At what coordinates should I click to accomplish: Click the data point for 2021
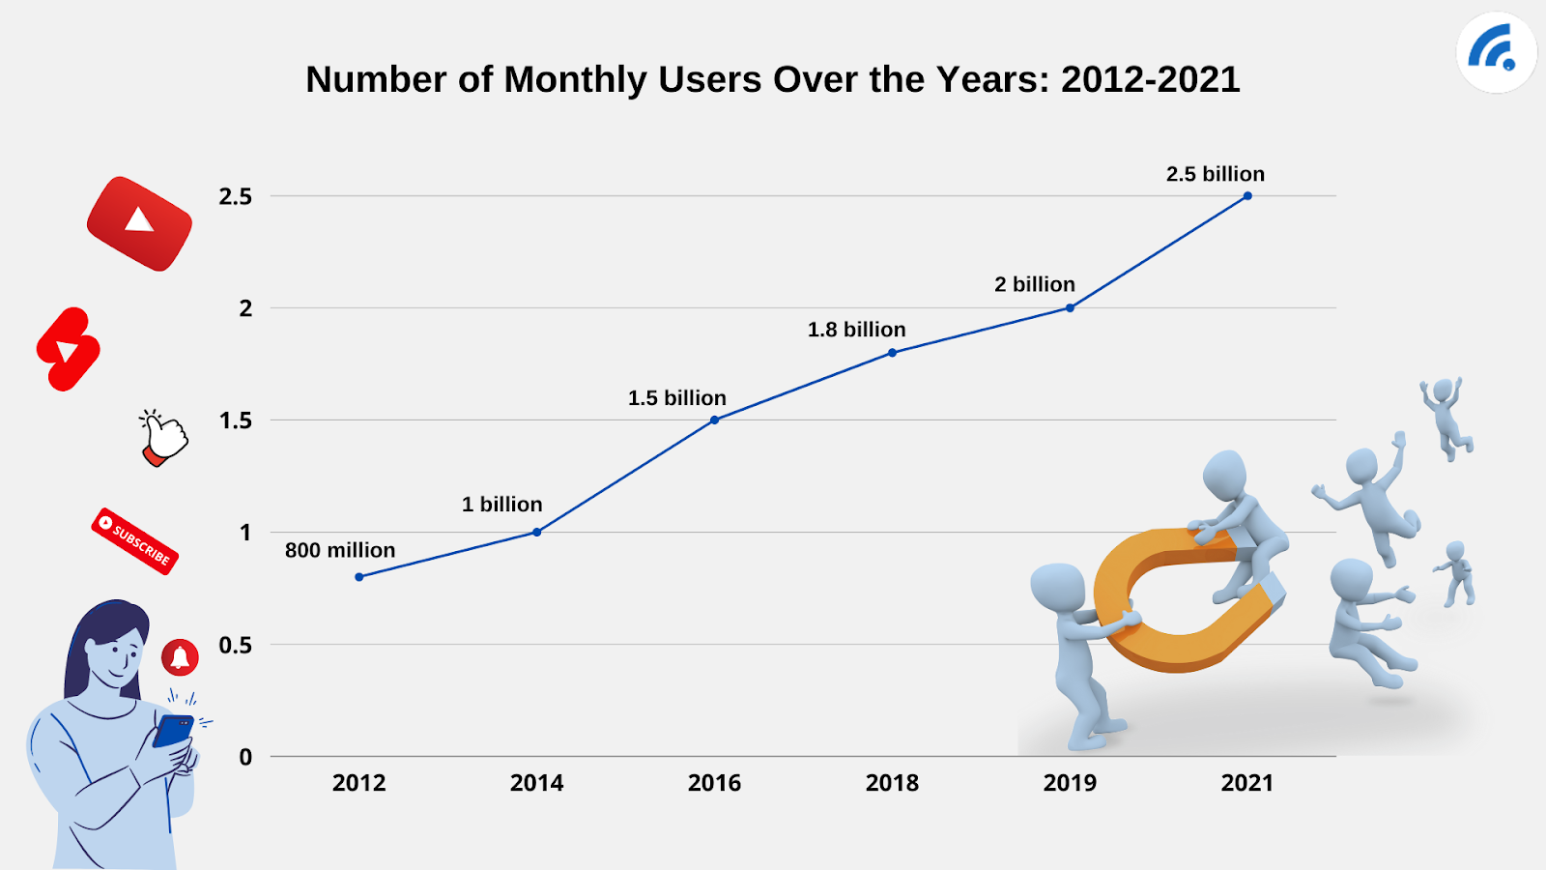click(x=1247, y=196)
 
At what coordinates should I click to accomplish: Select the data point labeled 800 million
click(x=359, y=577)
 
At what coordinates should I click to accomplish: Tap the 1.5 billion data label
click(x=676, y=398)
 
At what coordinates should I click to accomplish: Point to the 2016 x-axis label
click(x=714, y=783)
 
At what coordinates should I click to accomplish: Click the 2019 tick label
click(x=1070, y=783)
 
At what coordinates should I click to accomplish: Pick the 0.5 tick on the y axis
click(x=235, y=645)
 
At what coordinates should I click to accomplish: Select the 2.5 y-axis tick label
click(x=235, y=197)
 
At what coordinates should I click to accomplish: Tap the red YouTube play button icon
click(x=139, y=223)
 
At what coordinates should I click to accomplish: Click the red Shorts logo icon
click(x=68, y=350)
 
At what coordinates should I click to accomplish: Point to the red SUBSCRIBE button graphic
click(x=135, y=541)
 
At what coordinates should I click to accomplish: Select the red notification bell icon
click(x=180, y=657)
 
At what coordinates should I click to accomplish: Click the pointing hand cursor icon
click(x=164, y=438)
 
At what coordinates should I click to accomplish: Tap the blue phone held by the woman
click(x=173, y=730)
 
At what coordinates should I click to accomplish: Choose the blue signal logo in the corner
click(x=1496, y=51)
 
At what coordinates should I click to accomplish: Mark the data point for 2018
click(x=892, y=353)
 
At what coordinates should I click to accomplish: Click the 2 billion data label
click(x=1035, y=284)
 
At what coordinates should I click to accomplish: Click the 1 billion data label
click(x=501, y=505)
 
